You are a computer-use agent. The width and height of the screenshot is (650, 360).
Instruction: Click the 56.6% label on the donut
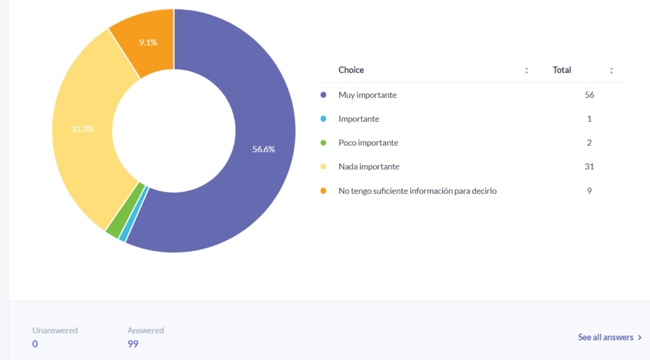coord(263,149)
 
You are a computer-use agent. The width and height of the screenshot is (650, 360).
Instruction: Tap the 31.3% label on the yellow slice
coord(83,129)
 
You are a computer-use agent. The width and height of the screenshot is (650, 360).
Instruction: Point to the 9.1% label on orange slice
coord(148,43)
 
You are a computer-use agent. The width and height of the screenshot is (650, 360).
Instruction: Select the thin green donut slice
coord(112,232)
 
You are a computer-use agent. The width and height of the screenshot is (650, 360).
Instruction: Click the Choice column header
coord(351,70)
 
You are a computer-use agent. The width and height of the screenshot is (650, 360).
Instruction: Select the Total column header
coord(562,70)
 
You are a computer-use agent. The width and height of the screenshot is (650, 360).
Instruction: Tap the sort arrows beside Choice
coord(527,70)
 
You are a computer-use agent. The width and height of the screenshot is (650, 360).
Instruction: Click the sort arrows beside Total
coord(611,70)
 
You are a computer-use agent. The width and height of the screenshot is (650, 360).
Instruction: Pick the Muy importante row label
coord(368,95)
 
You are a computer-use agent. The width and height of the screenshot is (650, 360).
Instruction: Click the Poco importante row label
coord(368,143)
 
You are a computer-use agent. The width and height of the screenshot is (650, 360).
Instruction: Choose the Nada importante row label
coord(369,166)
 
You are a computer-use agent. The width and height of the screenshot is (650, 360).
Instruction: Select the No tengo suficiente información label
coord(417,190)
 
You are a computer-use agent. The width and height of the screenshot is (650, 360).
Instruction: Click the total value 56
coord(589,95)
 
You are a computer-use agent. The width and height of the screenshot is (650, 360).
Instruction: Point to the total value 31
coord(589,166)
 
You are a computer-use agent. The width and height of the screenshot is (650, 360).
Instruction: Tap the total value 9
coord(589,190)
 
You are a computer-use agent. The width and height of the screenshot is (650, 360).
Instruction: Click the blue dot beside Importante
coord(324,119)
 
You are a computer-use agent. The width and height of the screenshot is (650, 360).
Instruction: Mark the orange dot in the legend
coord(324,190)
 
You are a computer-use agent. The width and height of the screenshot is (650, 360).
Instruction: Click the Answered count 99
coord(133,343)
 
